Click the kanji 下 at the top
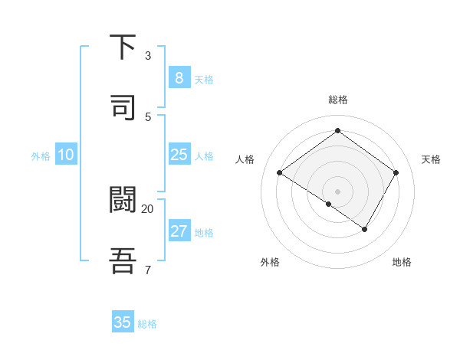click(123, 47)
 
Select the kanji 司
click(123, 106)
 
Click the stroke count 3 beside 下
click(148, 56)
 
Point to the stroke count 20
click(148, 208)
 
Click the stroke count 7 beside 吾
click(148, 269)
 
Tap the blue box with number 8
click(179, 78)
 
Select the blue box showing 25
click(179, 155)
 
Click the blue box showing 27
click(179, 231)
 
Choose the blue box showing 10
click(65, 155)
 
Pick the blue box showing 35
click(123, 322)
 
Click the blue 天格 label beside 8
click(204, 80)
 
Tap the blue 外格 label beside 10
click(41, 156)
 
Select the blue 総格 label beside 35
click(148, 324)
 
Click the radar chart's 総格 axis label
click(337, 100)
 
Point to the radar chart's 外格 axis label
click(270, 262)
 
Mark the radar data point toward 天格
click(396, 173)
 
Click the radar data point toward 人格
click(280, 173)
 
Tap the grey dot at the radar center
click(337, 191)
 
